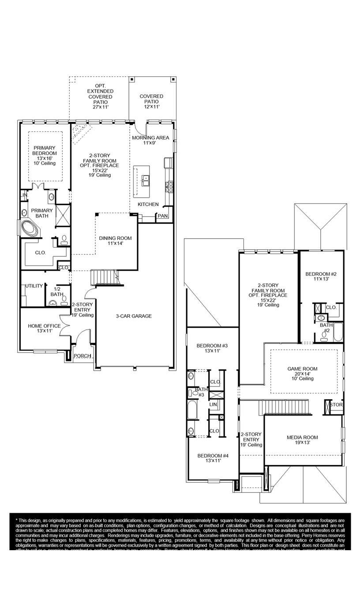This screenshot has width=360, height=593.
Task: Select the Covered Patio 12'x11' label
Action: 151,101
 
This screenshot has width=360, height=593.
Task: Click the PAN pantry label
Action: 162,216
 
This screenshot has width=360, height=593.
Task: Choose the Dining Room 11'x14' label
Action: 115,241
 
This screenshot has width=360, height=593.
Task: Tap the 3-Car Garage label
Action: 134,316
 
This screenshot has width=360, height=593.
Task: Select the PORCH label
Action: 82,356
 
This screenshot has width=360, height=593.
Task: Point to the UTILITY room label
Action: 34,286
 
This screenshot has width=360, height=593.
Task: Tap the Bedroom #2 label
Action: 321,276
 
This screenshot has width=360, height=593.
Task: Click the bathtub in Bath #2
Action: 338,332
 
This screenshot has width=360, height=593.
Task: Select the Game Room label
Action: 302,373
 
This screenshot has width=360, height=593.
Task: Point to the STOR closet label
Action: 336,405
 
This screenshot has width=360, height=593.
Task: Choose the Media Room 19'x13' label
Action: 302,440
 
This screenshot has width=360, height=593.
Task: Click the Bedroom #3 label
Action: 212,348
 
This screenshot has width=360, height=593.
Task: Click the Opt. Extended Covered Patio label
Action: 100,96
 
